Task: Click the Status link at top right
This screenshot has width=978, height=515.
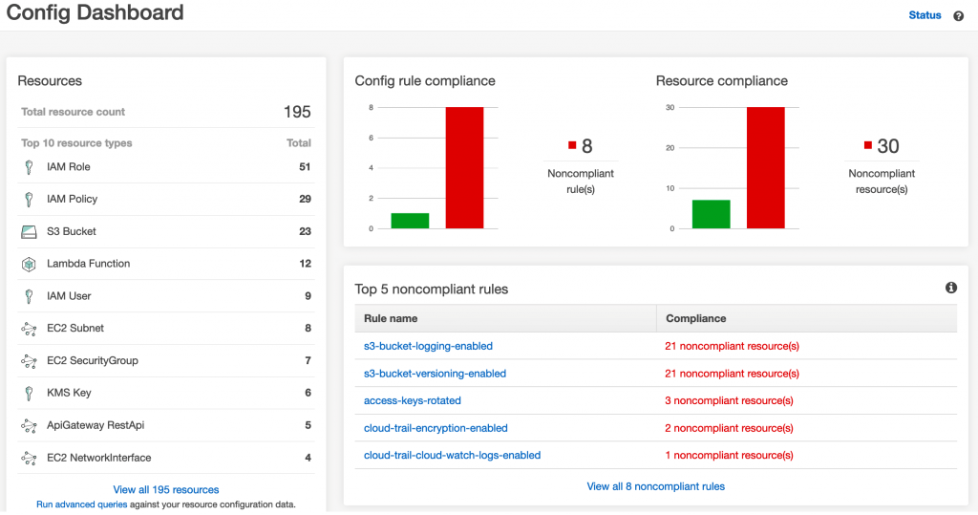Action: pos(925,15)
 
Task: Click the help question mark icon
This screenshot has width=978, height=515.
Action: pos(959,16)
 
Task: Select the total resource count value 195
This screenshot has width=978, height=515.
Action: pos(297,112)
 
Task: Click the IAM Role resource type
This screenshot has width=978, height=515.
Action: pos(68,167)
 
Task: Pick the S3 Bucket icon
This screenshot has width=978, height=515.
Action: pos(29,231)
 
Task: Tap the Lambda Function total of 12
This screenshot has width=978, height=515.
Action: pos(306,264)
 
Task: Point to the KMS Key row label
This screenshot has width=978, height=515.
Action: pos(69,393)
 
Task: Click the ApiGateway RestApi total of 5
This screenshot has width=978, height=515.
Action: pos(308,425)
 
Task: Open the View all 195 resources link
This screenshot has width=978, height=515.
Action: pos(166,490)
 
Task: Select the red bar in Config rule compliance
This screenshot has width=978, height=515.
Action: pos(464,168)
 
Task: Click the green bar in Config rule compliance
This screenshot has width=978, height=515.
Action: pos(410,221)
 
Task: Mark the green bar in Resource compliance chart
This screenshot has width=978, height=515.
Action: pos(711,214)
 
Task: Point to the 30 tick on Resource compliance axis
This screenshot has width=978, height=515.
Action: pos(670,107)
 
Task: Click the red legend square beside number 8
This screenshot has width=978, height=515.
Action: pos(572,145)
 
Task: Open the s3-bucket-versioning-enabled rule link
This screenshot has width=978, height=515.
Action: pos(435,374)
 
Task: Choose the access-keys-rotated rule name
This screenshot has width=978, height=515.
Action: pos(413,400)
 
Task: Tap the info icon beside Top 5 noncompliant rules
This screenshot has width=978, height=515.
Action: pos(951,288)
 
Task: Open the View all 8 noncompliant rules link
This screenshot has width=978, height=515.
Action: pos(655,486)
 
